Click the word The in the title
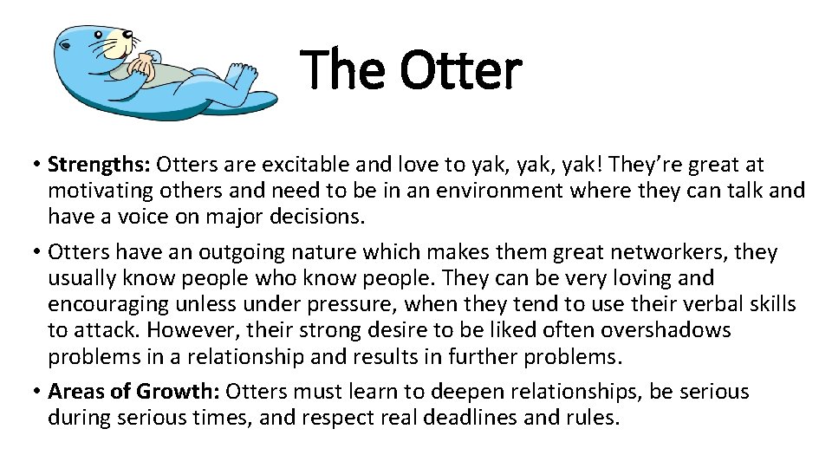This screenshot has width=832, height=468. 342,70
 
